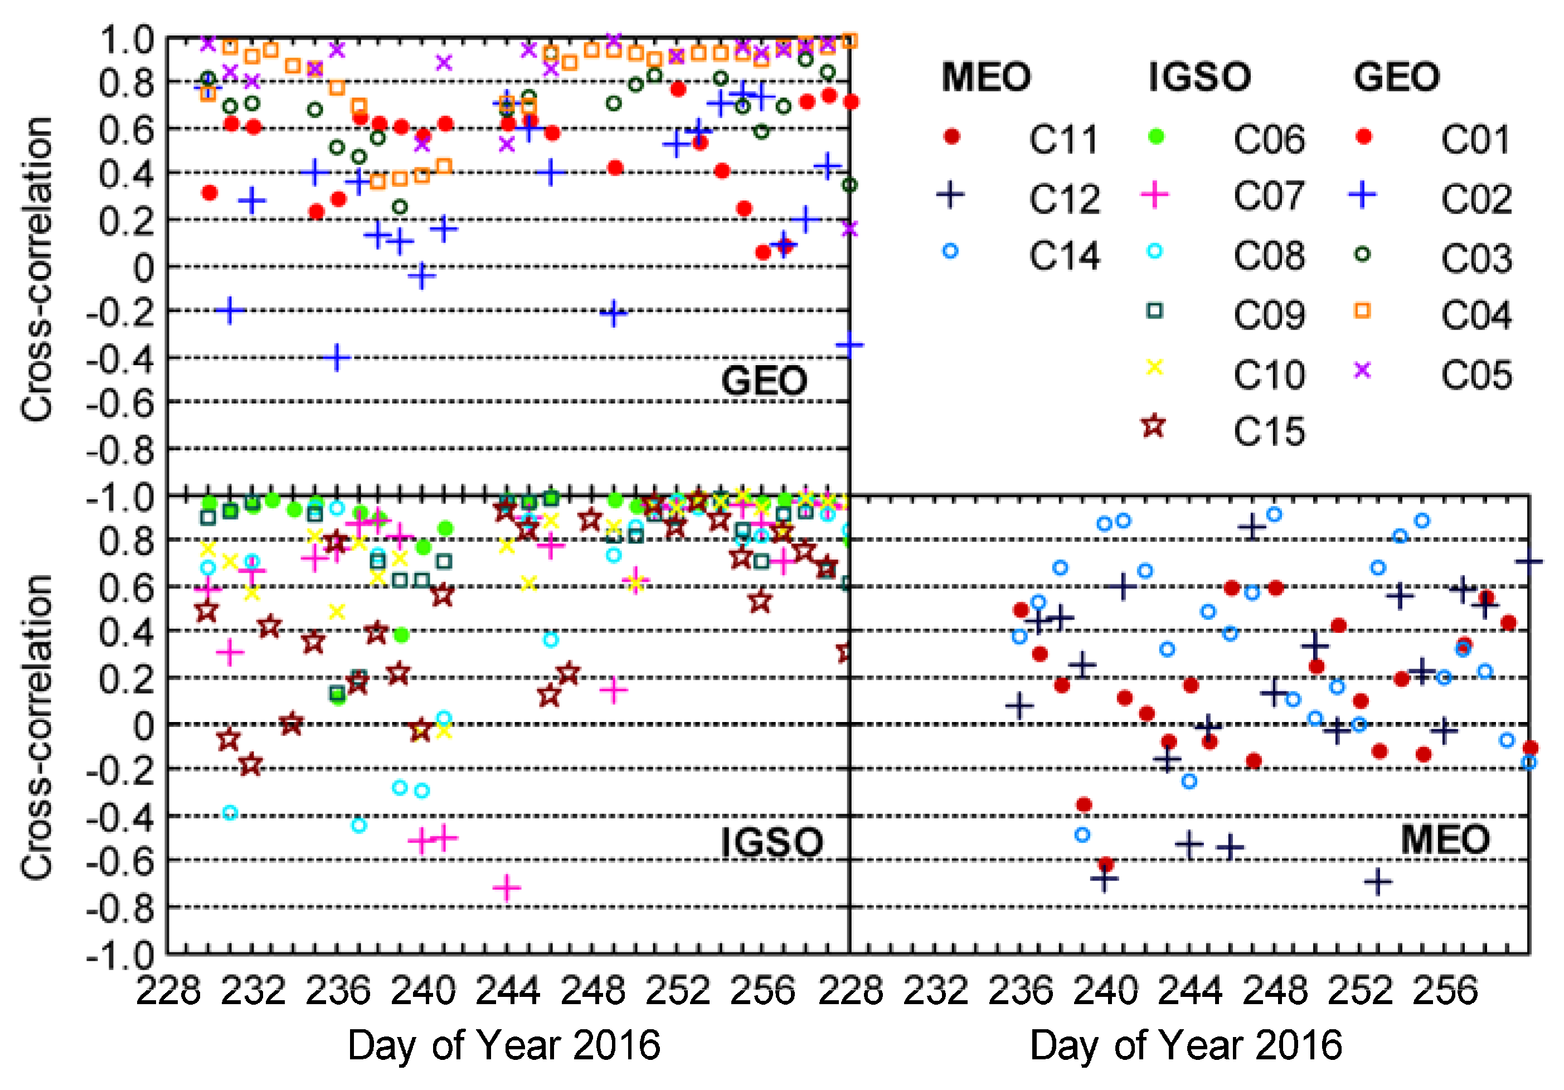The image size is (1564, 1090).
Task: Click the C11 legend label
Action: click(x=1063, y=139)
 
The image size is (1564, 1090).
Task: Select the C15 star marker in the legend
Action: click(x=1153, y=427)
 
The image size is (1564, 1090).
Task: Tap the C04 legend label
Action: click(x=1475, y=316)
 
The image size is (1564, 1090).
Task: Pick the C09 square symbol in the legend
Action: click(x=1154, y=311)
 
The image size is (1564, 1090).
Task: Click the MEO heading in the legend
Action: click(x=985, y=77)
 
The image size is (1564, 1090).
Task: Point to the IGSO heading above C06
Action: click(x=1199, y=77)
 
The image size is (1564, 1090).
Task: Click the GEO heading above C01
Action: click(x=1396, y=77)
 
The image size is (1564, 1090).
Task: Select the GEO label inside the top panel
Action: click(x=764, y=381)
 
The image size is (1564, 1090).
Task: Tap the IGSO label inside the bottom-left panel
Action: click(x=772, y=842)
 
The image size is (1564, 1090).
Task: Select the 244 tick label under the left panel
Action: click(x=507, y=991)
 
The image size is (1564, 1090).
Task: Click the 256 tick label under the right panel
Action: click(x=1444, y=991)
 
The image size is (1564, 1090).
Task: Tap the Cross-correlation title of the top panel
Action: click(x=37, y=269)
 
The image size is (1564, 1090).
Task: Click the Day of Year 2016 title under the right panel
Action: click(x=1186, y=1045)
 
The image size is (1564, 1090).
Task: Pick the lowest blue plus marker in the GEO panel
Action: click(x=337, y=357)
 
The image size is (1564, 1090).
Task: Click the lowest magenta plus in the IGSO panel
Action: click(x=506, y=888)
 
